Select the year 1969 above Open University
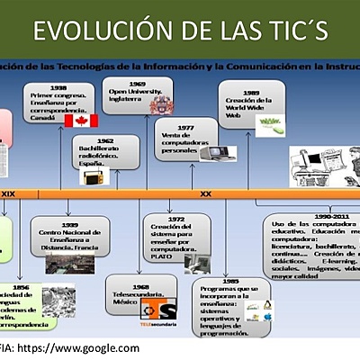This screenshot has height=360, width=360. point(125,83)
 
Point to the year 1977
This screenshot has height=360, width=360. point(185,128)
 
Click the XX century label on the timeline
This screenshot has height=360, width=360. point(205,193)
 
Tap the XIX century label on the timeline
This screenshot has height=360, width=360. point(8,193)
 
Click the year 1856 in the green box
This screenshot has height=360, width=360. point(20,286)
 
